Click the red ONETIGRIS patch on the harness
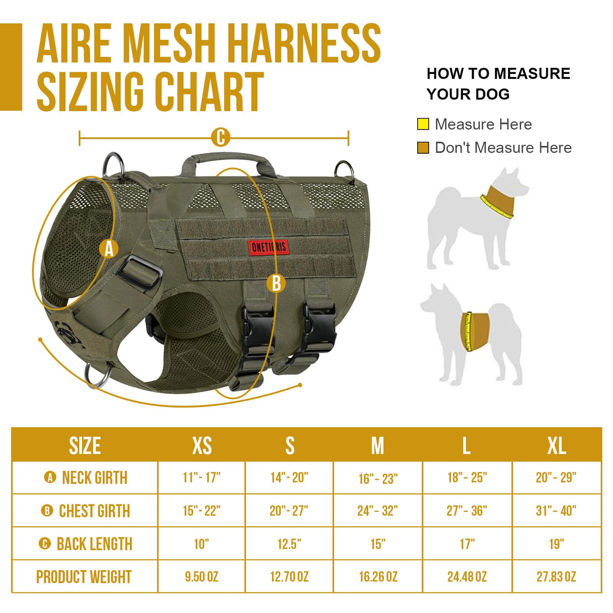tap(269, 247)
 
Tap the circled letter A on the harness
tap(109, 249)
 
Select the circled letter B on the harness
tap(276, 283)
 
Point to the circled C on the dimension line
tap(220, 137)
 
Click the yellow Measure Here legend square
tap(423, 124)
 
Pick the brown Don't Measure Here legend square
tap(423, 148)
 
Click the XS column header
tap(202, 446)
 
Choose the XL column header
tap(557, 446)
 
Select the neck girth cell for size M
tap(378, 479)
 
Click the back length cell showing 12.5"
tap(289, 544)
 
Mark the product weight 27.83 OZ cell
tap(557, 577)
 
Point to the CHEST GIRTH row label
tap(95, 511)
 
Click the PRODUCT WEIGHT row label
tap(84, 577)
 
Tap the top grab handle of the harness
tap(229, 162)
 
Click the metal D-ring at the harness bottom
tap(97, 375)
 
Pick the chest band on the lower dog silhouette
tap(474, 332)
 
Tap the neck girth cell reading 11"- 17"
tap(202, 478)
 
